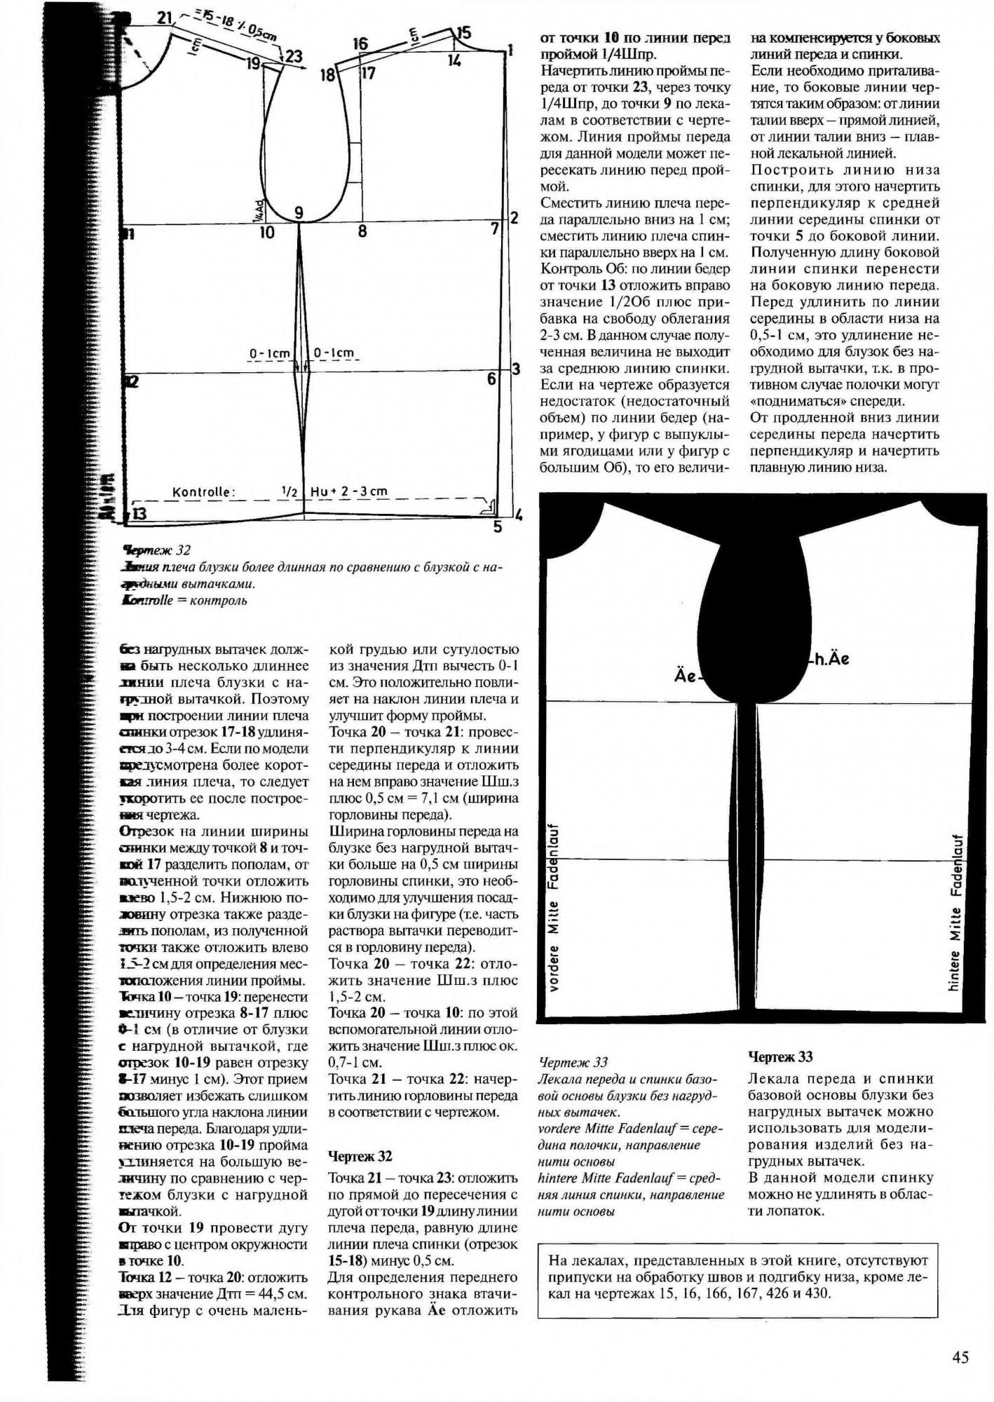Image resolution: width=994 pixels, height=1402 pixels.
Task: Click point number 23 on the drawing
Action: [294, 57]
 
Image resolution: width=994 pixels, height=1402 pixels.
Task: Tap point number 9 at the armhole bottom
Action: [299, 213]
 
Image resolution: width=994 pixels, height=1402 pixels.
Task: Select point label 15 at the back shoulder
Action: [463, 34]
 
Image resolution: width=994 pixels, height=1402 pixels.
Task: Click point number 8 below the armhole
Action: [362, 231]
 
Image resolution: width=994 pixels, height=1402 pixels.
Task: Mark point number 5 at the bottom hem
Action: [497, 527]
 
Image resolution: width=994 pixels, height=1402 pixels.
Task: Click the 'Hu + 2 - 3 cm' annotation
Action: [348, 492]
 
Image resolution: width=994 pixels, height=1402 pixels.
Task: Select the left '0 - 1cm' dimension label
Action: [270, 354]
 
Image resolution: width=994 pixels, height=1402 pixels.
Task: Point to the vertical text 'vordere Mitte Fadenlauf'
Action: [554, 907]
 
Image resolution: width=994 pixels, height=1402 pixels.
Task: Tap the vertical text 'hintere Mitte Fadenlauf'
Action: [955, 912]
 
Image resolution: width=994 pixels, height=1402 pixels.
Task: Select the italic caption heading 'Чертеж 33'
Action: [573, 1062]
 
